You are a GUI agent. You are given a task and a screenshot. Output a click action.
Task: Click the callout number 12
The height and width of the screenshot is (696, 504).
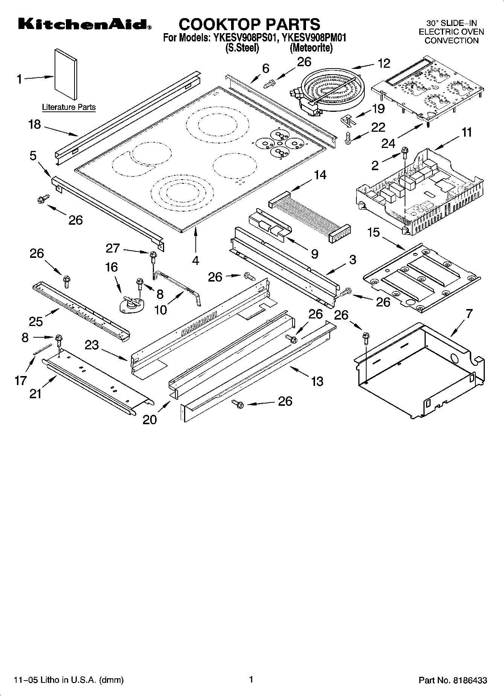(384, 64)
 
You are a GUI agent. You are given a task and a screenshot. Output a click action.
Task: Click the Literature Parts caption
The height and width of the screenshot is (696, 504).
(69, 107)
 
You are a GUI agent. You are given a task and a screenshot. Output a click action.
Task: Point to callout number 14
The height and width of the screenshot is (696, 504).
(320, 175)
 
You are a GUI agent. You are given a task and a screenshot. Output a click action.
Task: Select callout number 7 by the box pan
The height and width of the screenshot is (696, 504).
(468, 314)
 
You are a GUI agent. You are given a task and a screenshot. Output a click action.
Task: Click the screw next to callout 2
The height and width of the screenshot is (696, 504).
(405, 152)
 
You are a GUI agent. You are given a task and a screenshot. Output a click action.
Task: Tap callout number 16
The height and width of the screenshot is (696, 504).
(111, 267)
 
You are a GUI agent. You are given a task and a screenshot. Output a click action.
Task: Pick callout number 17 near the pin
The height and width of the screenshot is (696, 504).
(20, 381)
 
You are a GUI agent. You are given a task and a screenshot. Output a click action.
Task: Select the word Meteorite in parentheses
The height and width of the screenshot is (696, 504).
(311, 48)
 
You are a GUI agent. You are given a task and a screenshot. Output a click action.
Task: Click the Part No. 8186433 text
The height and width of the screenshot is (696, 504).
(453, 680)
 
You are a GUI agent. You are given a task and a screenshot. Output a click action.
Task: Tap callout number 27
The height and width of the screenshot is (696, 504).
(113, 248)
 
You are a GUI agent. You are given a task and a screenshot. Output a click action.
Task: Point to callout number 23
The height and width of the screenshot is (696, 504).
(91, 345)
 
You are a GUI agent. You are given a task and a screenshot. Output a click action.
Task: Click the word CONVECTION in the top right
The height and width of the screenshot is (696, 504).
(451, 41)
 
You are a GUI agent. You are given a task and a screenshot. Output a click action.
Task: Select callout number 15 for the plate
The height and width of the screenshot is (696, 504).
(373, 233)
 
